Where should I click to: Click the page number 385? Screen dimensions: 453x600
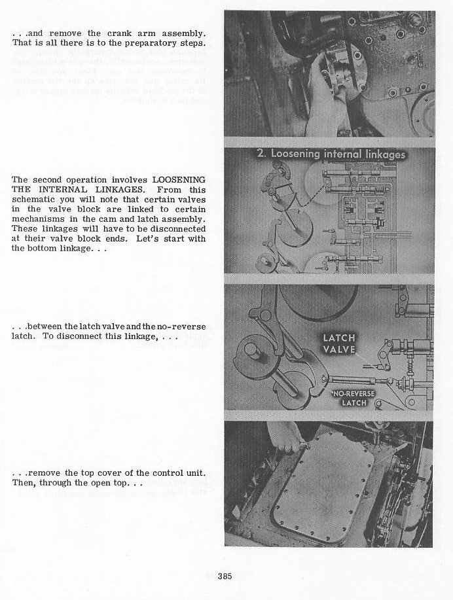click(x=225, y=576)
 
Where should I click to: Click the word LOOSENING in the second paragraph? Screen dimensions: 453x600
click(x=179, y=180)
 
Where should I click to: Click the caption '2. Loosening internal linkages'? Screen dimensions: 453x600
click(x=331, y=154)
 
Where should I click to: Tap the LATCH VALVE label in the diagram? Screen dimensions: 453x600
click(x=339, y=344)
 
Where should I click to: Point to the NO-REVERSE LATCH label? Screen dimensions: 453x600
click(x=354, y=398)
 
